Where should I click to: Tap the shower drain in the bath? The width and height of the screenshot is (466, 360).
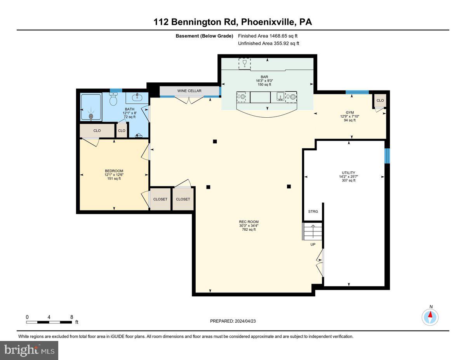pyautogui.click(x=91, y=116)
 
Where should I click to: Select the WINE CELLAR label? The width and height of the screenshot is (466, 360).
pyautogui.click(x=189, y=91)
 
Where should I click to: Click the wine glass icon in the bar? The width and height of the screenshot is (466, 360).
pyautogui.click(x=245, y=63)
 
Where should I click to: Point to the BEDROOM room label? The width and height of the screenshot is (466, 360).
pyautogui.click(x=114, y=171)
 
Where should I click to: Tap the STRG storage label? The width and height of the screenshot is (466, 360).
pyautogui.click(x=313, y=212)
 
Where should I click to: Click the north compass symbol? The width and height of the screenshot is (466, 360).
pyautogui.click(x=430, y=317)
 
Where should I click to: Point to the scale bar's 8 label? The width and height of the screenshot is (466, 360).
pyautogui.click(x=71, y=317)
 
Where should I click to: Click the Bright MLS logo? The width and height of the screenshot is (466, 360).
pyautogui.click(x=30, y=350)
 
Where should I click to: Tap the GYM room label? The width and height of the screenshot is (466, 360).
pyautogui.click(x=350, y=112)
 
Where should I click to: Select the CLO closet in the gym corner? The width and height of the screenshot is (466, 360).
pyautogui.click(x=380, y=101)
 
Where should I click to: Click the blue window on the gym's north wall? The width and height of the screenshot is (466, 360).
pyautogui.click(x=357, y=92)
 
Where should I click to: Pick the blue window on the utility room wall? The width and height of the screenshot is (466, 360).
pyautogui.click(x=386, y=156)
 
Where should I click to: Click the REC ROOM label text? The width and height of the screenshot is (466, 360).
pyautogui.click(x=249, y=222)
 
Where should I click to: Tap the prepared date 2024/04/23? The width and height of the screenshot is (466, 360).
pyautogui.click(x=233, y=321)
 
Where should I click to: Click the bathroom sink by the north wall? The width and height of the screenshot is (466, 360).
pyautogui.click(x=137, y=97)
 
